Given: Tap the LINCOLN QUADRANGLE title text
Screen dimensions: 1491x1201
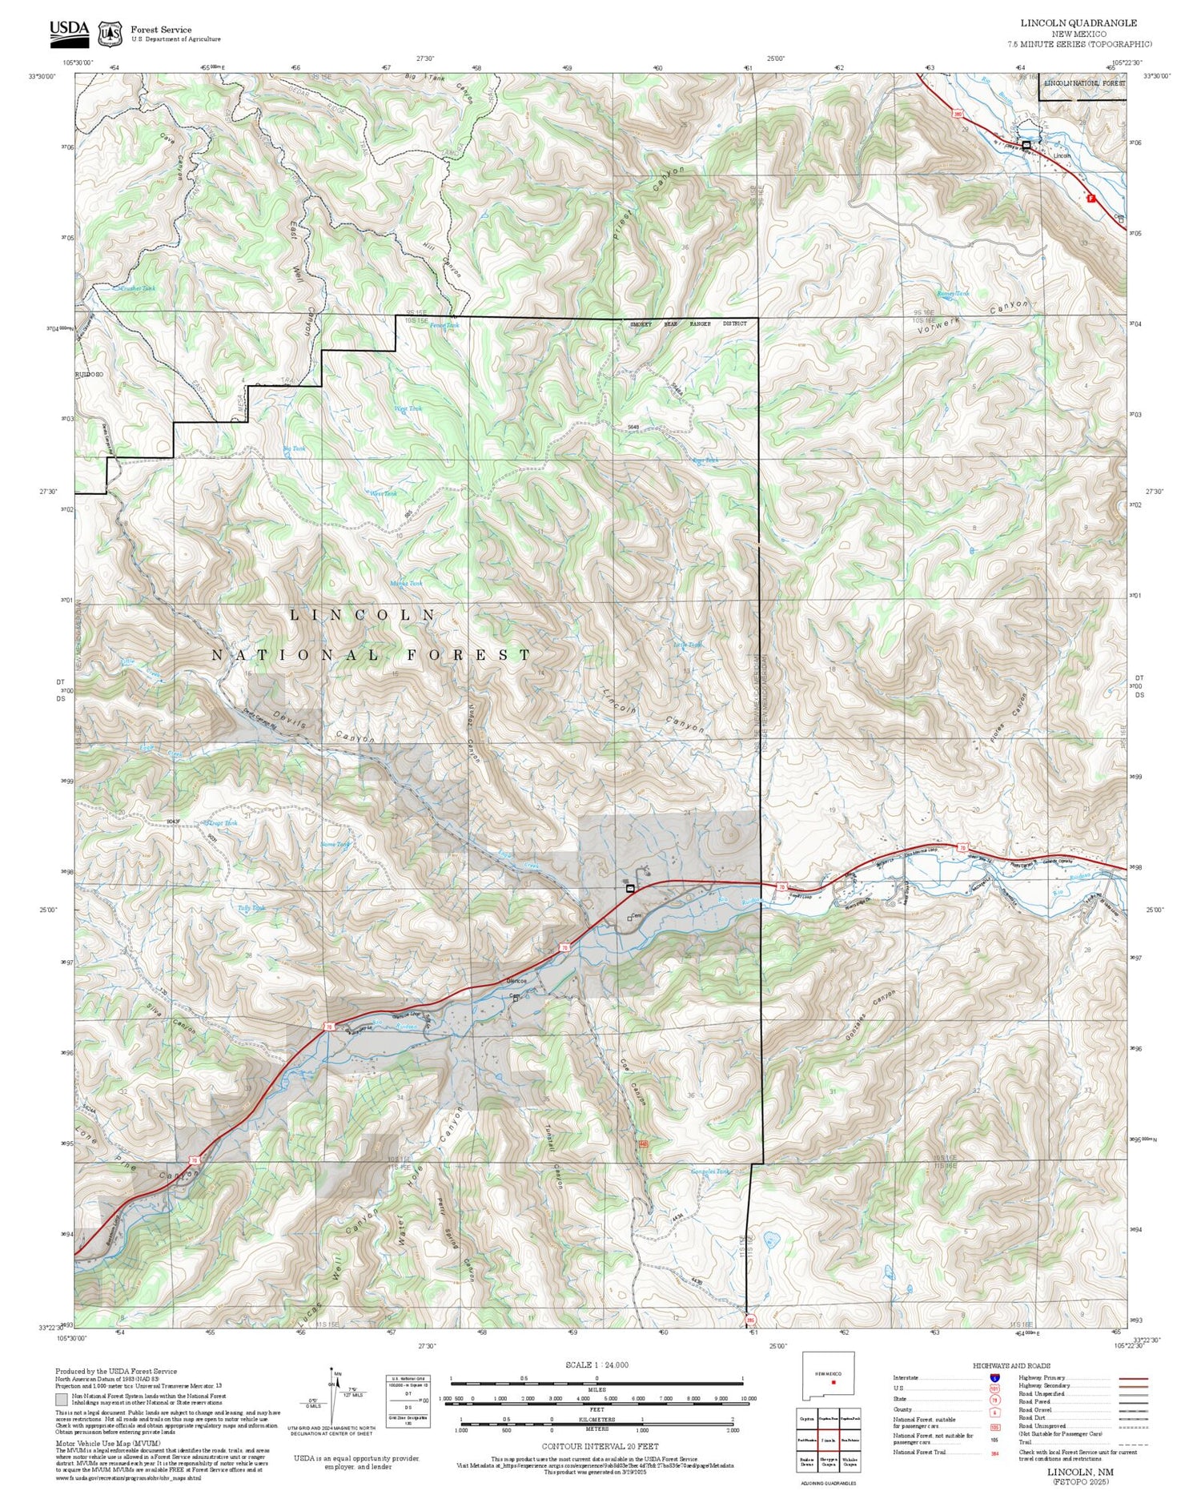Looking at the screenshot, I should coord(1078,22).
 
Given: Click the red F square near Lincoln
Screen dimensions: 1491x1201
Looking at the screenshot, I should coord(1091,197).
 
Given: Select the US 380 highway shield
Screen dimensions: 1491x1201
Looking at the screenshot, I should coord(958,115).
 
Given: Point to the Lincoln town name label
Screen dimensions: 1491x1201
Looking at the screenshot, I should coord(1062,155).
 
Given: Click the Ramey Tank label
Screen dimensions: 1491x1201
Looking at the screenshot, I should coord(952,294).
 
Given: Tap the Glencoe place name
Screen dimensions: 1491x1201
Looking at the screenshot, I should coord(516,983).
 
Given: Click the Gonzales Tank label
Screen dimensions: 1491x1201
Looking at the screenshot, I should coord(710,1171).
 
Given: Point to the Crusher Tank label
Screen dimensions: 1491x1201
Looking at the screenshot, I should coord(137,287).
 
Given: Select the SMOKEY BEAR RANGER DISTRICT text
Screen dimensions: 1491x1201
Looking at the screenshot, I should coord(688,324).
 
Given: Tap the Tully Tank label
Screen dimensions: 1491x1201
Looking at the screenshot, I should coord(231,907).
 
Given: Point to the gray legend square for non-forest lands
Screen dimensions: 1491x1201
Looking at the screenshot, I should coord(62,1400).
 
